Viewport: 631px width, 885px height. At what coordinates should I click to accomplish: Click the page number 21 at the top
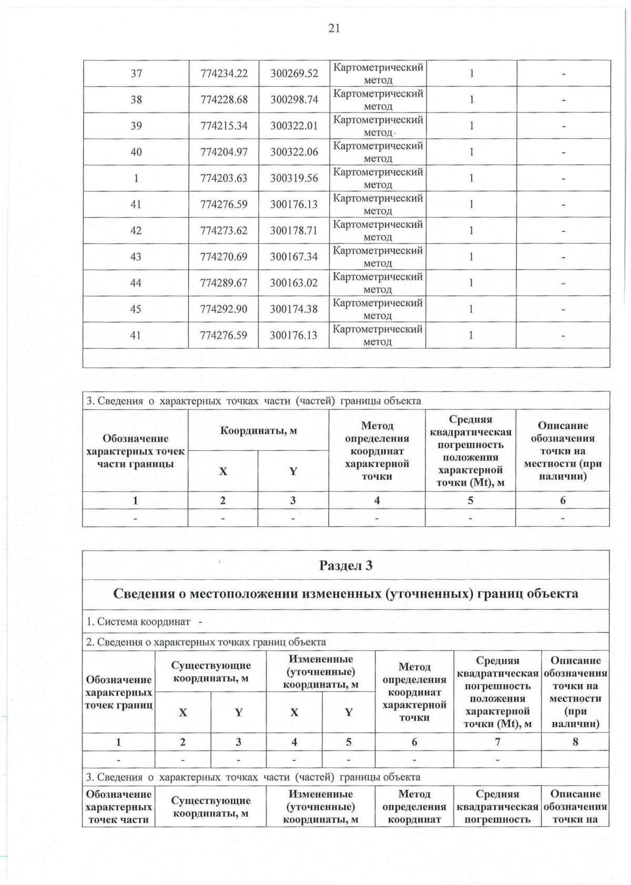[x=334, y=28]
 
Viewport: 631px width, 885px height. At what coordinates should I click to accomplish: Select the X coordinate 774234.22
[x=223, y=74]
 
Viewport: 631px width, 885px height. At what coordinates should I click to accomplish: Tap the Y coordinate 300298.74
[x=294, y=100]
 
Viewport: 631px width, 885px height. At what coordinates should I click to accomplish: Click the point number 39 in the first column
[x=136, y=126]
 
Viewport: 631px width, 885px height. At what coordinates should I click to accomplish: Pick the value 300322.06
[x=294, y=152]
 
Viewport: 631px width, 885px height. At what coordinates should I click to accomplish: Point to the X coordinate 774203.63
[x=223, y=178]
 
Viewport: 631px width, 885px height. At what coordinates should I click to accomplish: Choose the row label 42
[x=136, y=231]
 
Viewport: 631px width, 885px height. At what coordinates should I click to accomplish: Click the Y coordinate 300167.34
[x=294, y=257]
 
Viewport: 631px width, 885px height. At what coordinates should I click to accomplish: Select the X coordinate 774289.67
[x=223, y=283]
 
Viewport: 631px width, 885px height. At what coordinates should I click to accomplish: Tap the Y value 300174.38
[x=294, y=309]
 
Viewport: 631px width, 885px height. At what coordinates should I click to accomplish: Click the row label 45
[x=136, y=309]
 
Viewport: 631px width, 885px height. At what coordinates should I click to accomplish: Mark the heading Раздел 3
[x=345, y=565]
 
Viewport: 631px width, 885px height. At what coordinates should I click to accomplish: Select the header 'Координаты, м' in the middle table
[x=258, y=431]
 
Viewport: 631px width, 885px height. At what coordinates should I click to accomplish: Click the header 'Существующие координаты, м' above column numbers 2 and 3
[x=211, y=672]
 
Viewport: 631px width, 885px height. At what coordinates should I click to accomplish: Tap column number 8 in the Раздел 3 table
[x=575, y=742]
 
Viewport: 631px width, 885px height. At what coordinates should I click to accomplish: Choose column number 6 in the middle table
[x=562, y=501]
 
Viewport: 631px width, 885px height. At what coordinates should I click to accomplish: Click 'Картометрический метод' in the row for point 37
[x=378, y=74]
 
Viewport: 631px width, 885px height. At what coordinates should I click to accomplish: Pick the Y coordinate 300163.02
[x=294, y=283]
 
